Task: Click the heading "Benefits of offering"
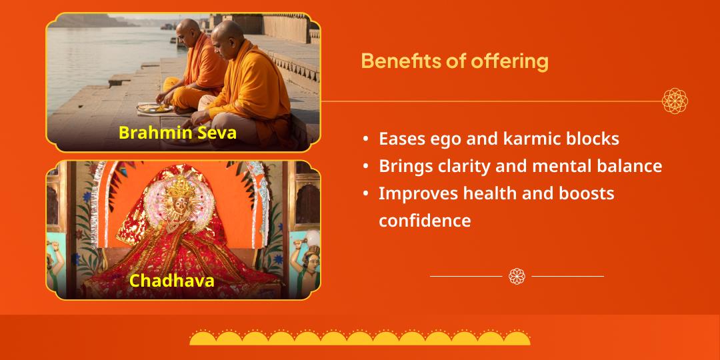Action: coord(454,61)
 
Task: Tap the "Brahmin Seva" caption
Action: coord(177,133)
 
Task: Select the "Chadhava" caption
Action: coord(172,281)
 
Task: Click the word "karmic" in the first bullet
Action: coord(526,139)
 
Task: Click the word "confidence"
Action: coord(425,221)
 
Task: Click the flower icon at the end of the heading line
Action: coord(675,101)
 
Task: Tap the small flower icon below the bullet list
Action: coord(517,276)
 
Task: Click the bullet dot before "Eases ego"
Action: coord(366,139)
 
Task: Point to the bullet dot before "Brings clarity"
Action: coord(366,166)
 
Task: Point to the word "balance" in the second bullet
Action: coord(629,166)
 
